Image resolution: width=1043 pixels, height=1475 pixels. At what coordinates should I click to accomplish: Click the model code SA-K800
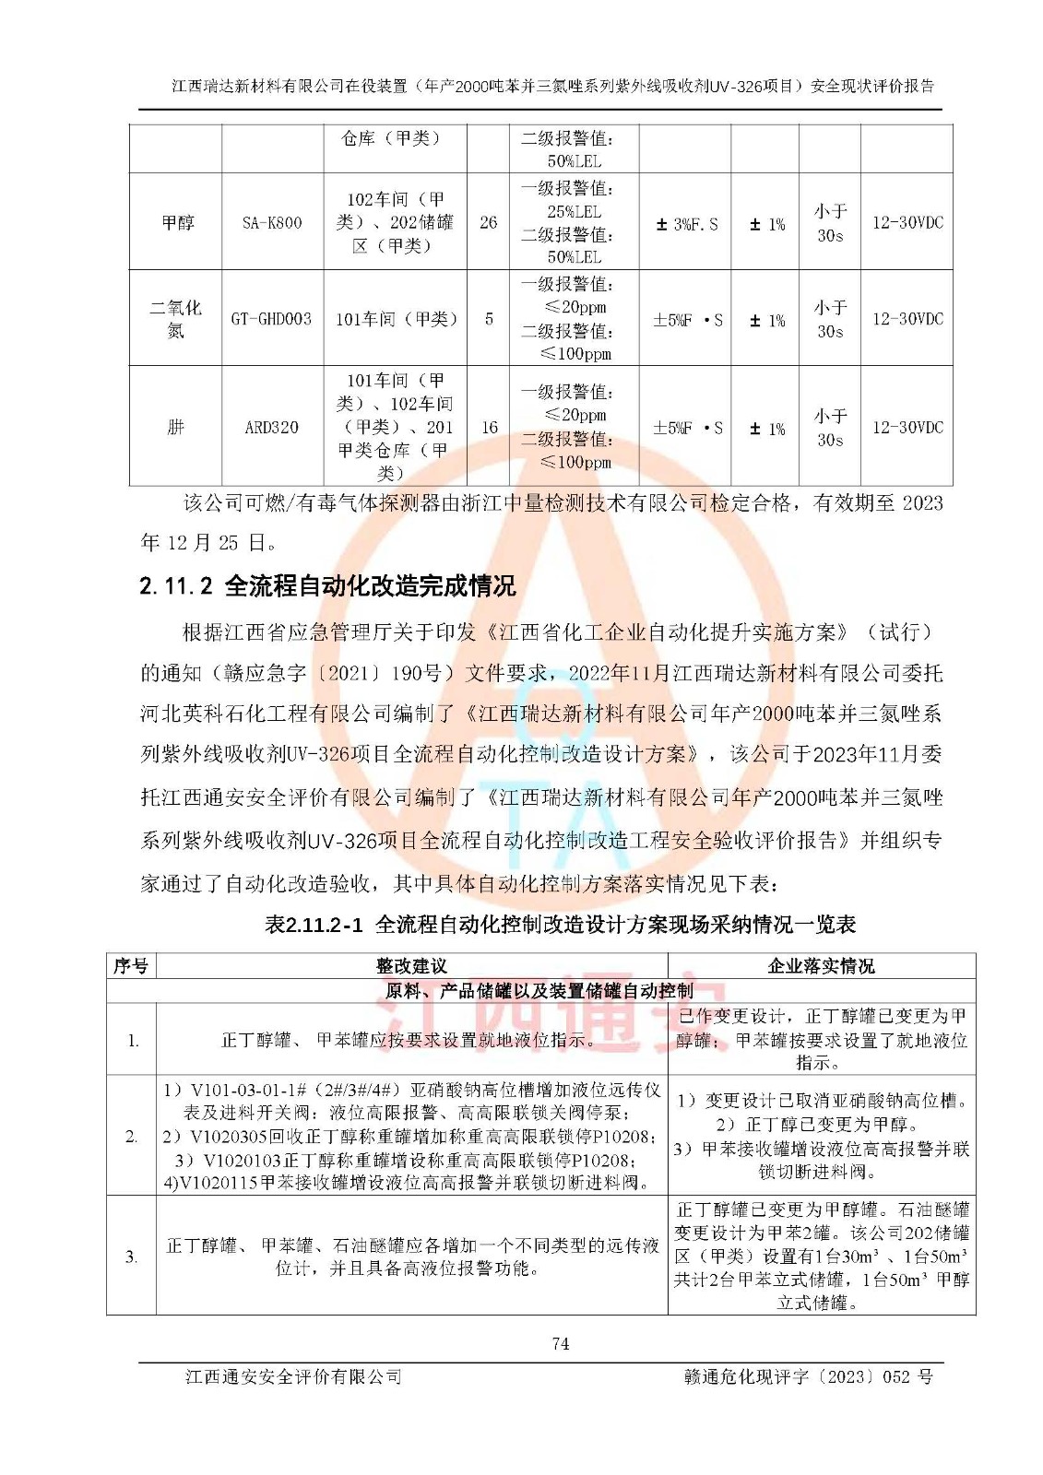click(x=272, y=222)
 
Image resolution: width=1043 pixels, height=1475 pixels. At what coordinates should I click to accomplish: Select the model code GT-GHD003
click(x=271, y=319)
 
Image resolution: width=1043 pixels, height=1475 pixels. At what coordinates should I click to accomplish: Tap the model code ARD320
click(x=271, y=427)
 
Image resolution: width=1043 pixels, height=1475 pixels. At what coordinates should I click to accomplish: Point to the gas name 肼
click(x=175, y=427)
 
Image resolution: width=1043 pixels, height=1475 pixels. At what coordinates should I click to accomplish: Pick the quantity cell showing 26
click(x=489, y=222)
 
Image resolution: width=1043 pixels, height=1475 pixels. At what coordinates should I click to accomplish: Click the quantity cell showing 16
click(x=489, y=427)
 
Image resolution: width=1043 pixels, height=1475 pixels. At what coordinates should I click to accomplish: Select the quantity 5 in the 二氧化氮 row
click(x=489, y=319)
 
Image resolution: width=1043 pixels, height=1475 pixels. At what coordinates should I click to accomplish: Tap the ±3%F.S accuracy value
click(x=686, y=224)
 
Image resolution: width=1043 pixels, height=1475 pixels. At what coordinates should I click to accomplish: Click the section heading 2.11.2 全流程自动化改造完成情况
click(x=327, y=586)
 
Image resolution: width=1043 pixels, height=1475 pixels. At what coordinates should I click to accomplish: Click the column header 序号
click(x=131, y=966)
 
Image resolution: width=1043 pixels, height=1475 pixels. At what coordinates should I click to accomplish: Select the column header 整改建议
click(x=411, y=966)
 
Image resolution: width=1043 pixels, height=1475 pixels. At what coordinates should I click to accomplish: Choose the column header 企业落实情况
click(x=821, y=966)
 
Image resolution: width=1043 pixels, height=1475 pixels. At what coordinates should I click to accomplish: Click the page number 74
click(x=561, y=1344)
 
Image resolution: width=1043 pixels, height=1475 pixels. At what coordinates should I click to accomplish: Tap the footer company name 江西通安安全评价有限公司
click(x=293, y=1376)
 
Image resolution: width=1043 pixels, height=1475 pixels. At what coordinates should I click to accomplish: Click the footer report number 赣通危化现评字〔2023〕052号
click(x=808, y=1376)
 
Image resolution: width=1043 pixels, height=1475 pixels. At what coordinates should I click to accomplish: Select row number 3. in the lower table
click(x=132, y=1257)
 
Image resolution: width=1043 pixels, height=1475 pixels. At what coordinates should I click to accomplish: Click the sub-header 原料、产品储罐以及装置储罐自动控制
click(x=539, y=991)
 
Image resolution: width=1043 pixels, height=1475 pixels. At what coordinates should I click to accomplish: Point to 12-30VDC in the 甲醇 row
click(x=907, y=222)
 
